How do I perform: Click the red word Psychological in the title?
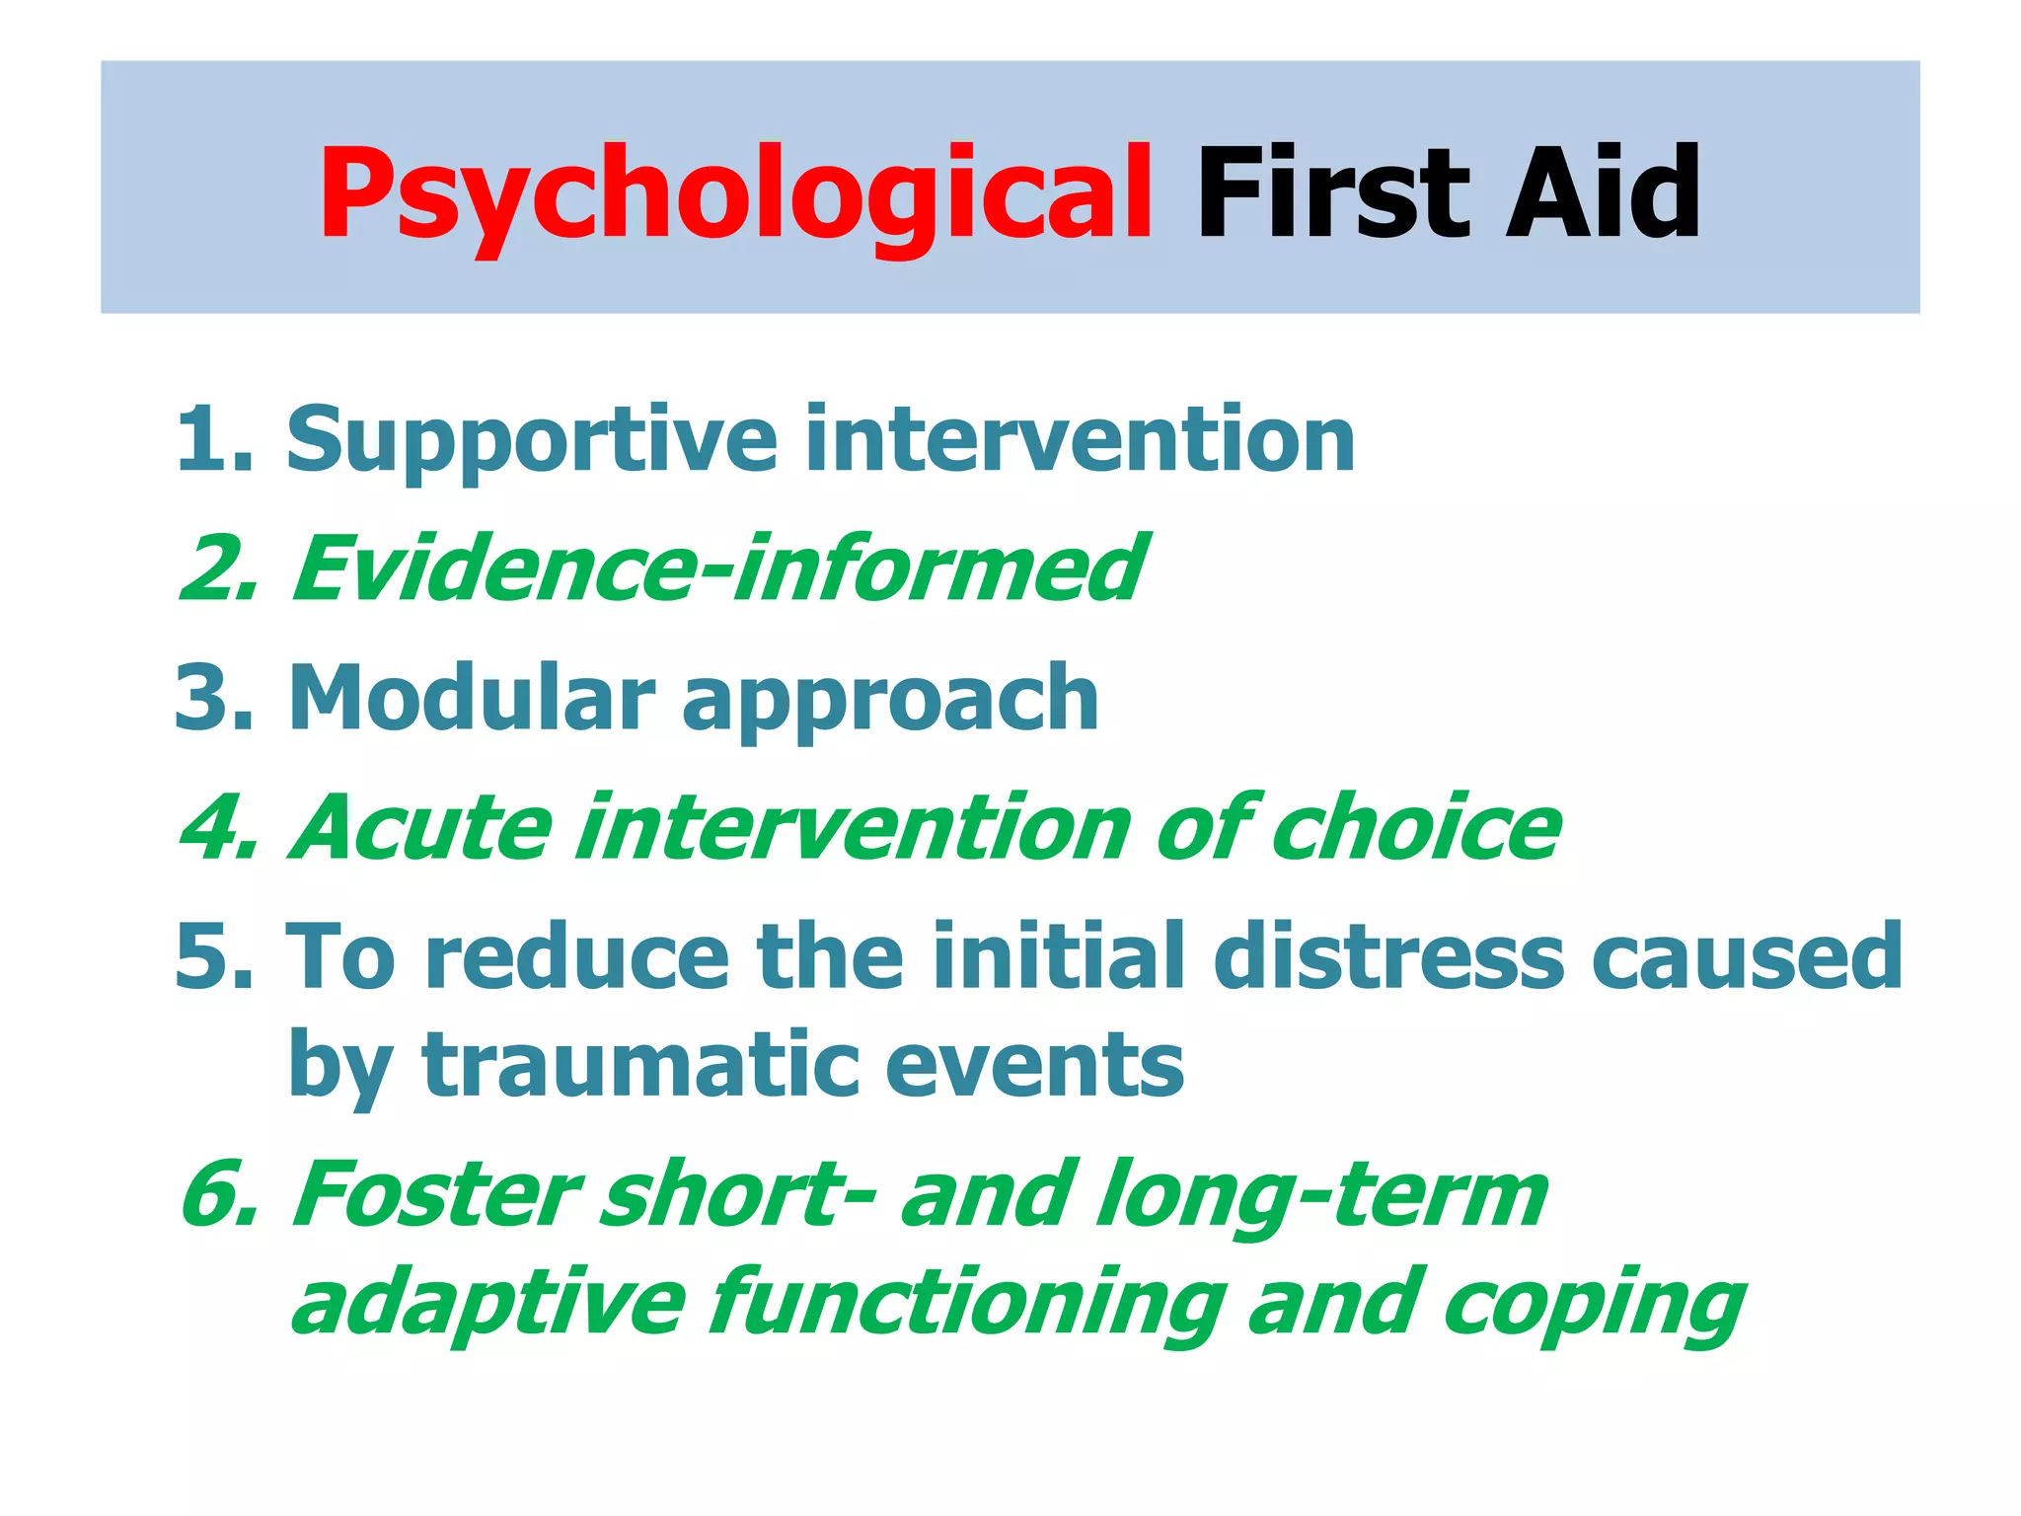[735, 193]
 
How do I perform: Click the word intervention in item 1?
[1080, 439]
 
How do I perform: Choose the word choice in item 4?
[1415, 827]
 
